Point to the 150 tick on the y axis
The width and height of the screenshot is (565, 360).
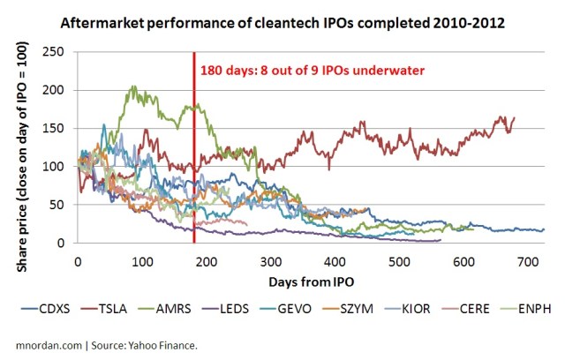point(61,128)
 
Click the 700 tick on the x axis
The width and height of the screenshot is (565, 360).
point(527,263)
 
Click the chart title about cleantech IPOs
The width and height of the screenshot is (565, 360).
point(295,19)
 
